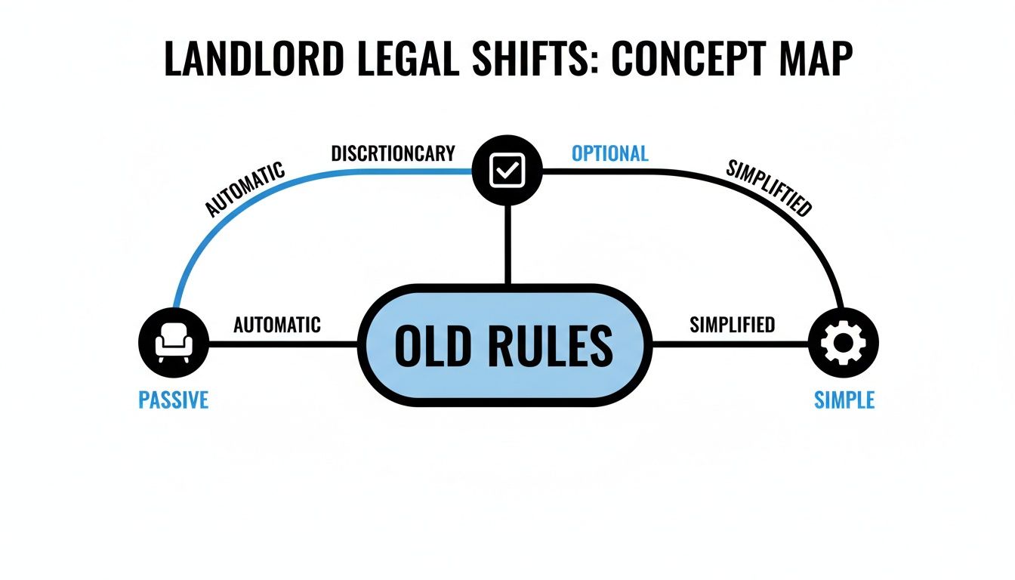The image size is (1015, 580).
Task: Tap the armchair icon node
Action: [x=174, y=344]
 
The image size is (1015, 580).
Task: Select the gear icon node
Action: [x=843, y=344]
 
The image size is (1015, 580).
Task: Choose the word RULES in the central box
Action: [x=560, y=346]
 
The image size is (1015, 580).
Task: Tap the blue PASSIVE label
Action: [x=174, y=400]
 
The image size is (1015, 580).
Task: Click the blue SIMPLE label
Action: [x=844, y=400]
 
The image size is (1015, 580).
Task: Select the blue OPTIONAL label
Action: [x=609, y=153]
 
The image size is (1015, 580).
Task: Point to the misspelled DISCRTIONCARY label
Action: [x=393, y=153]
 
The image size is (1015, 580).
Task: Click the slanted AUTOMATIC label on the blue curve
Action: [x=246, y=188]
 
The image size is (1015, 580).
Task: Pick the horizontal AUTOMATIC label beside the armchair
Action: [x=277, y=325]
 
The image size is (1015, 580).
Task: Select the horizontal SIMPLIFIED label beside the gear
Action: [x=732, y=325]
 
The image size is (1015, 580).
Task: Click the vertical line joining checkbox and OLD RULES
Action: [x=507, y=245]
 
